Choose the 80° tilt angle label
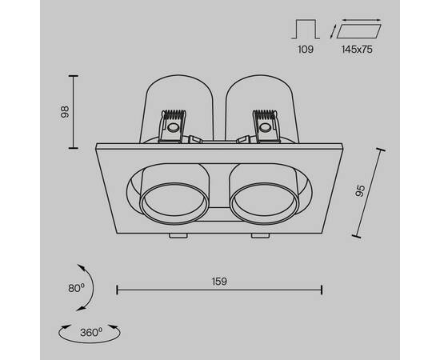(x=77, y=286)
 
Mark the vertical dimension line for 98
(x=75, y=112)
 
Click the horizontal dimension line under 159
(x=220, y=290)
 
